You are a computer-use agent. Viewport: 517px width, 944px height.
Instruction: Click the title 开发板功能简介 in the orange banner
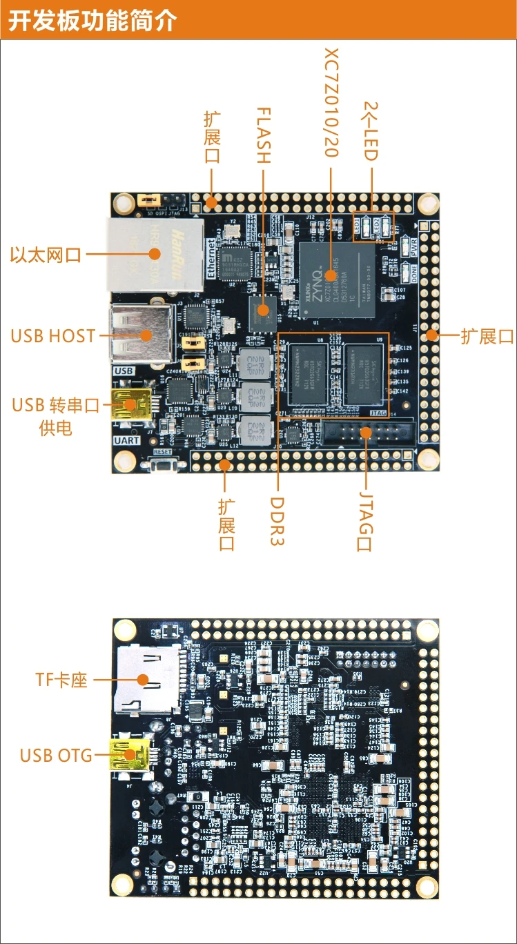pyautogui.click(x=92, y=21)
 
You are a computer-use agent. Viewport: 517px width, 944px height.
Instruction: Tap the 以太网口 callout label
pyautogui.click(x=46, y=255)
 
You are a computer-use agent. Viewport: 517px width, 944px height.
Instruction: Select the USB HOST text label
pyautogui.click(x=53, y=336)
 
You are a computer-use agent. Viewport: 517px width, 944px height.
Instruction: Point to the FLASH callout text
pyautogui.click(x=263, y=135)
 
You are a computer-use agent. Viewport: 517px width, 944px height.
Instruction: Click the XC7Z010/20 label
pyautogui.click(x=331, y=103)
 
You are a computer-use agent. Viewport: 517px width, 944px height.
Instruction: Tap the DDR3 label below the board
pyautogui.click(x=277, y=521)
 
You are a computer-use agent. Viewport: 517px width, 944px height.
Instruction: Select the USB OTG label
pyautogui.click(x=56, y=756)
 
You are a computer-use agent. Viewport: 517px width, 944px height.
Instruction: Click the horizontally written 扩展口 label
pyautogui.click(x=487, y=336)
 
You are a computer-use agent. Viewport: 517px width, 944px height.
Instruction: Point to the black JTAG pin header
pyautogui.click(x=367, y=433)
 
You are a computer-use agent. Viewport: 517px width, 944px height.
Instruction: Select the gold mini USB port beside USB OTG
pyautogui.click(x=130, y=755)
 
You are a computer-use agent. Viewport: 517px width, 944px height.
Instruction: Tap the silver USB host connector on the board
pyautogui.click(x=141, y=335)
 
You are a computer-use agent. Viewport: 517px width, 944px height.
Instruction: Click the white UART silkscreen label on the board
pyautogui.click(x=126, y=440)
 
